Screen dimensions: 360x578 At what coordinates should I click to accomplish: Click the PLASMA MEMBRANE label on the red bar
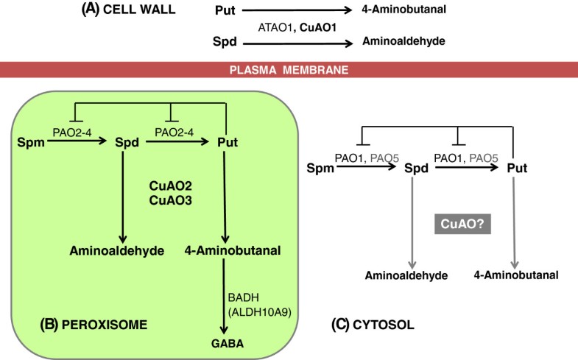(x=288, y=70)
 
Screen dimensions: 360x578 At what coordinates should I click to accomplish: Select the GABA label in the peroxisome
(x=231, y=343)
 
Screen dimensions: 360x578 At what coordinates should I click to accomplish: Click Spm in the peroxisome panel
(x=30, y=140)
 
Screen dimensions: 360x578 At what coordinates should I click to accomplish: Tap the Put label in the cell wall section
(x=226, y=11)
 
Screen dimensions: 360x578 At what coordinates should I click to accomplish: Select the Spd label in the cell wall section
(x=226, y=43)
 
